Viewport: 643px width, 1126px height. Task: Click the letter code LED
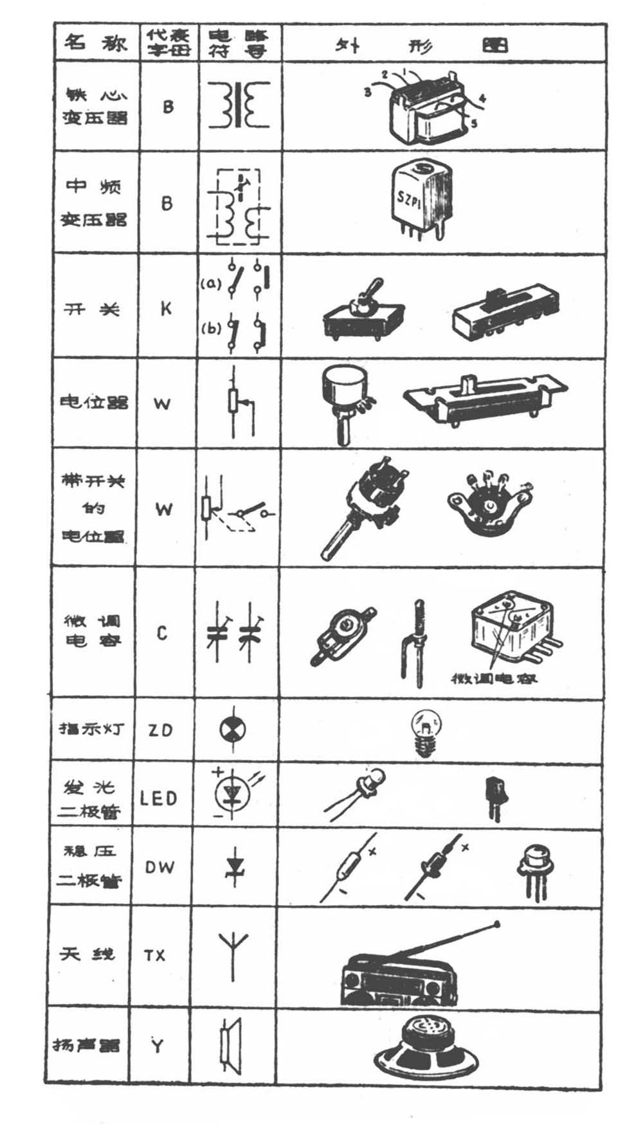click(x=158, y=798)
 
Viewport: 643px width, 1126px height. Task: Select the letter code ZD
click(x=160, y=730)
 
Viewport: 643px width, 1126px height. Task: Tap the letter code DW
click(x=159, y=867)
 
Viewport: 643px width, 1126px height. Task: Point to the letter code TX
click(x=155, y=955)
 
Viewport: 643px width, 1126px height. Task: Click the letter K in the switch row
click(x=166, y=308)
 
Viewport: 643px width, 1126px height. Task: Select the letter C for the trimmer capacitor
click(x=162, y=633)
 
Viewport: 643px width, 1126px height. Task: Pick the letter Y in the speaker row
click(x=157, y=1046)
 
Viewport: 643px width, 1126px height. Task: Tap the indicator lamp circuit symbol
click(x=232, y=729)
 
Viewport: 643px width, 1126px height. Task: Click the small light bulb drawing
click(x=424, y=730)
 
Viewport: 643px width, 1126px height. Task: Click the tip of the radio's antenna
click(x=496, y=925)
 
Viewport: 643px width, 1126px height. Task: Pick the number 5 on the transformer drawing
click(x=474, y=123)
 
